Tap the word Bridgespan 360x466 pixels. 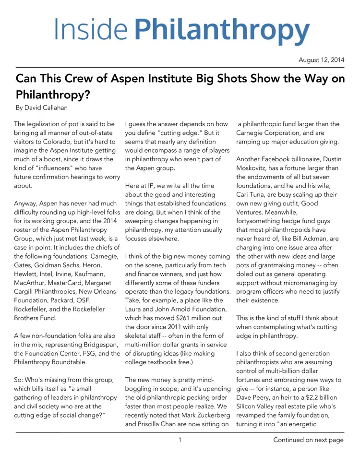pyautogui.click(x=93, y=344)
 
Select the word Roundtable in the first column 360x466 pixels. pyautogui.click(x=79, y=362)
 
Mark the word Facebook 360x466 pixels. pyautogui.click(x=278, y=159)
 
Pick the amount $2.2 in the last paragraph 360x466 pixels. pyautogui.click(x=316, y=397)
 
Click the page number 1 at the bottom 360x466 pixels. pyautogui.click(x=180, y=440)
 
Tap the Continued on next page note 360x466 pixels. pyautogui.click(x=308, y=440)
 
